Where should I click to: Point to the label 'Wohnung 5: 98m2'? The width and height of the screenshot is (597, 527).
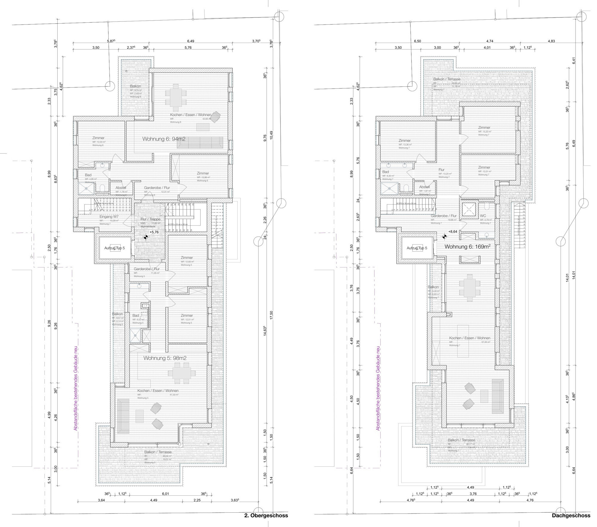pos(165,358)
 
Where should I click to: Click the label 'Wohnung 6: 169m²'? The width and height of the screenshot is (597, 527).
pos(467,247)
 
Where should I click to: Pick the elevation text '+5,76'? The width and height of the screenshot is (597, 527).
pos(154,232)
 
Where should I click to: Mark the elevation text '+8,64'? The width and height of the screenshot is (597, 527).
pos(453,231)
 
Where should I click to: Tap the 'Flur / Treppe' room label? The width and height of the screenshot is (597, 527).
pos(150,219)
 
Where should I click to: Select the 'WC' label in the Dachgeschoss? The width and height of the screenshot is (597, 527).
pos(483,216)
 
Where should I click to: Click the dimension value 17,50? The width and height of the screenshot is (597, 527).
pos(271,315)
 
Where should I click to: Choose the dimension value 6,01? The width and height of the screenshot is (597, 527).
pos(165,494)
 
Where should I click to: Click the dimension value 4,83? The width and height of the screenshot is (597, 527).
pos(551,41)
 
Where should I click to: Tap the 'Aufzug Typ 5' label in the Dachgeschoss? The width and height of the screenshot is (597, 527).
pos(417,248)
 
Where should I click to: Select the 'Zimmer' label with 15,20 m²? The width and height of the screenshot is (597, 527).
pos(484,128)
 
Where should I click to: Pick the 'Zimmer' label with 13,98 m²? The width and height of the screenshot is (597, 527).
pos(203,173)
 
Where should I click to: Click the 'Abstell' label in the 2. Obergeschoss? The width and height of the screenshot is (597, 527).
pos(121,188)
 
